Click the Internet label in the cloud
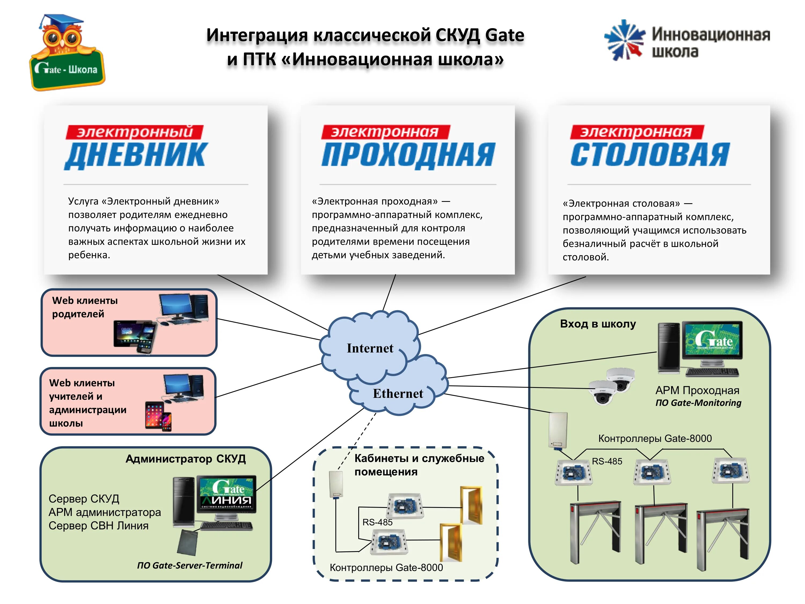click(x=370, y=348)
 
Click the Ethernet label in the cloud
click(x=398, y=394)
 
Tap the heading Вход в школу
click(x=598, y=324)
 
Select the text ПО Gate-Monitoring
click(x=698, y=403)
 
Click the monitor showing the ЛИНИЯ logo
click(x=226, y=494)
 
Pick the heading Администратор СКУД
click(x=186, y=459)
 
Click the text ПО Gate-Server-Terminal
click(x=190, y=565)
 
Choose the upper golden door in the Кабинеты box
click(x=472, y=505)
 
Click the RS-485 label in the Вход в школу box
click(x=607, y=461)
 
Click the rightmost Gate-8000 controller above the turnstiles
click(x=731, y=471)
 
